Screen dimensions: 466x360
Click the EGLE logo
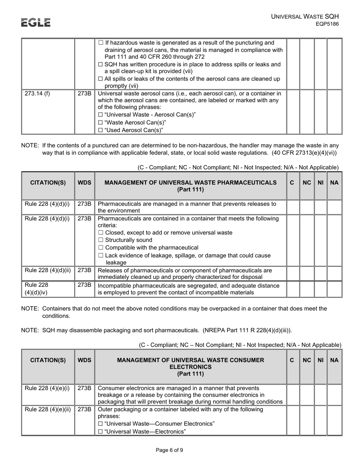[36, 23]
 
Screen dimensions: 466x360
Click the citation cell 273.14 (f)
[37, 94]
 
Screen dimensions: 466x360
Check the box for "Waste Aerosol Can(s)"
[100, 122]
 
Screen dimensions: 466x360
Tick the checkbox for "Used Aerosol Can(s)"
[100, 130]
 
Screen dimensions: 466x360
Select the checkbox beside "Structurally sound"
[100, 240]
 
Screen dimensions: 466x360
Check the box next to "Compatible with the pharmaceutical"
[100, 248]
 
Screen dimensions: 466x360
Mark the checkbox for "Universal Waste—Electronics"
[100, 431]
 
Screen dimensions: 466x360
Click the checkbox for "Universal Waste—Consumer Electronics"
[100, 424]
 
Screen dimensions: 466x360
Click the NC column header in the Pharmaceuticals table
[307, 183]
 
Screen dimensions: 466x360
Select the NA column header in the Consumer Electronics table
[334, 360]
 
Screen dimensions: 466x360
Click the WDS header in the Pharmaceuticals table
[84, 183]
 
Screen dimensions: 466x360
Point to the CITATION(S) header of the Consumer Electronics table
[48, 360]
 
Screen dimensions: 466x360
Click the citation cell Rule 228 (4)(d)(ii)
[48, 271]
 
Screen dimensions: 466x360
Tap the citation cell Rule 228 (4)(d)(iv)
[37, 289]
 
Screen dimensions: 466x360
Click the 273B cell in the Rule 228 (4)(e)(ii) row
[84, 410]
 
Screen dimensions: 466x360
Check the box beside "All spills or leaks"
[100, 79]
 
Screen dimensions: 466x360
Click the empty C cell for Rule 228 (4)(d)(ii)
[292, 273]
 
